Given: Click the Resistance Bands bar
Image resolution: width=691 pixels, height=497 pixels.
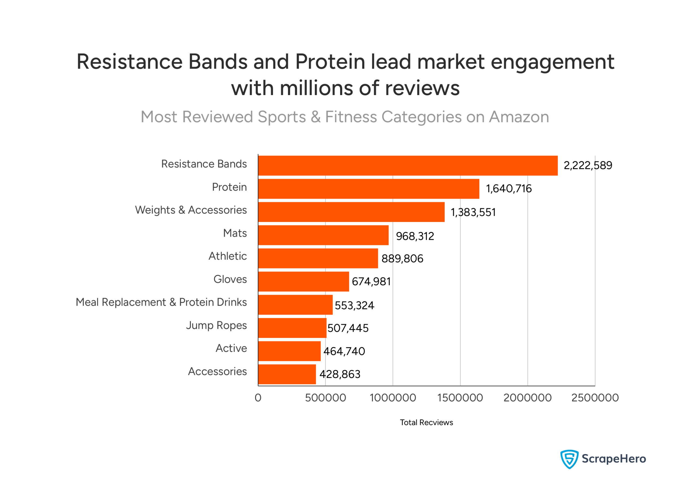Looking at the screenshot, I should point(408,166).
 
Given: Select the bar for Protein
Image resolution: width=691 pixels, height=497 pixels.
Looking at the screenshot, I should point(369,189).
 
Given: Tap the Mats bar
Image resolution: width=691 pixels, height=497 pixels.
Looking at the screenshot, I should point(323,235).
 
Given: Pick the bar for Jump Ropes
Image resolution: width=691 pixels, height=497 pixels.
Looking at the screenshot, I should point(292,328).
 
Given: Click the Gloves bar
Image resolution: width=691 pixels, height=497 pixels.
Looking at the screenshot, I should point(303,281).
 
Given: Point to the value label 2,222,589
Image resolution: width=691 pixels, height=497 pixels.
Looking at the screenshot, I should point(587,166).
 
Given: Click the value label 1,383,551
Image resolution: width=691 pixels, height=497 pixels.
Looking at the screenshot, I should point(473,212).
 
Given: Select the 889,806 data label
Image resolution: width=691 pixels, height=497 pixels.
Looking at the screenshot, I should point(402,258).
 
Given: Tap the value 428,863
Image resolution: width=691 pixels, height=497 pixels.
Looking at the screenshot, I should point(340,374).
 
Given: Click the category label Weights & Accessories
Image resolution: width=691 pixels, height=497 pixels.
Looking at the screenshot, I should point(191,210).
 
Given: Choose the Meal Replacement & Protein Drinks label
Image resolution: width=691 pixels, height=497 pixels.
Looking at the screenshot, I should point(161,302).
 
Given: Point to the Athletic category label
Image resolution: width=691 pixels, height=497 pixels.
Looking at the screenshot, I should point(228,256).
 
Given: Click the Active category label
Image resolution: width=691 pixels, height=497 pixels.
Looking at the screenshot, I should point(231,348).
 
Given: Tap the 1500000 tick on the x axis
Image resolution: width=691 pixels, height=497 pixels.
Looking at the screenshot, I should point(460,398).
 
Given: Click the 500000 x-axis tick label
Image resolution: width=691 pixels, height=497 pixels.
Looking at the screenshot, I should point(326,398).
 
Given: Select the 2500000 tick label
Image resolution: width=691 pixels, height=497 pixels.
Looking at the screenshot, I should point(595,398).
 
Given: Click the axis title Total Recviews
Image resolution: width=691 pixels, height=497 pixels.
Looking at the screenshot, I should point(426,422).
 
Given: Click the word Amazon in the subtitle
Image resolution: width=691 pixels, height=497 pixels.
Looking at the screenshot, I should point(519,117).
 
